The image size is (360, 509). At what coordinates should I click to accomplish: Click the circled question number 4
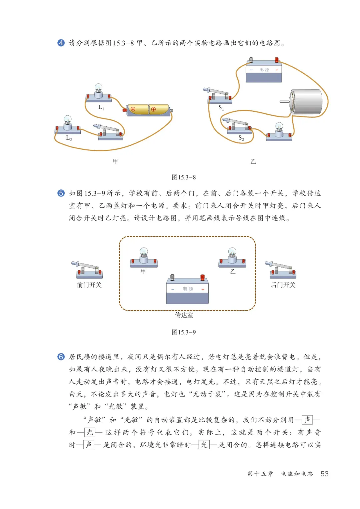tap(61, 43)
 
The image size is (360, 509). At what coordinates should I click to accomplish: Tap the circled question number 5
tap(61, 193)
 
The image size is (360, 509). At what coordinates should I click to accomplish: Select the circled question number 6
tap(61, 357)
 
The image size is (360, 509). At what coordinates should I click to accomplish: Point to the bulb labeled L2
tap(68, 124)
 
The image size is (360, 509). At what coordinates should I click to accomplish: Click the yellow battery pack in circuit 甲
tap(148, 109)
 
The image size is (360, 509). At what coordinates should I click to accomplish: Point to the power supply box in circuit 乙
tap(264, 71)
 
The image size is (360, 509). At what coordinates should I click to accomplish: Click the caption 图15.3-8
tap(184, 177)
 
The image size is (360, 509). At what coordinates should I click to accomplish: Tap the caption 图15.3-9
tap(184, 332)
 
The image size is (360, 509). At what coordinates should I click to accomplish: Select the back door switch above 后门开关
tap(282, 270)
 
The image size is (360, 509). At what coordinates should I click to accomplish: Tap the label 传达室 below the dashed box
tap(184, 315)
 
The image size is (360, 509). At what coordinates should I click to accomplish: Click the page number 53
tap(324, 474)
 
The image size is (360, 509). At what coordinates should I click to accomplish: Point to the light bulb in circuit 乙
tap(279, 131)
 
